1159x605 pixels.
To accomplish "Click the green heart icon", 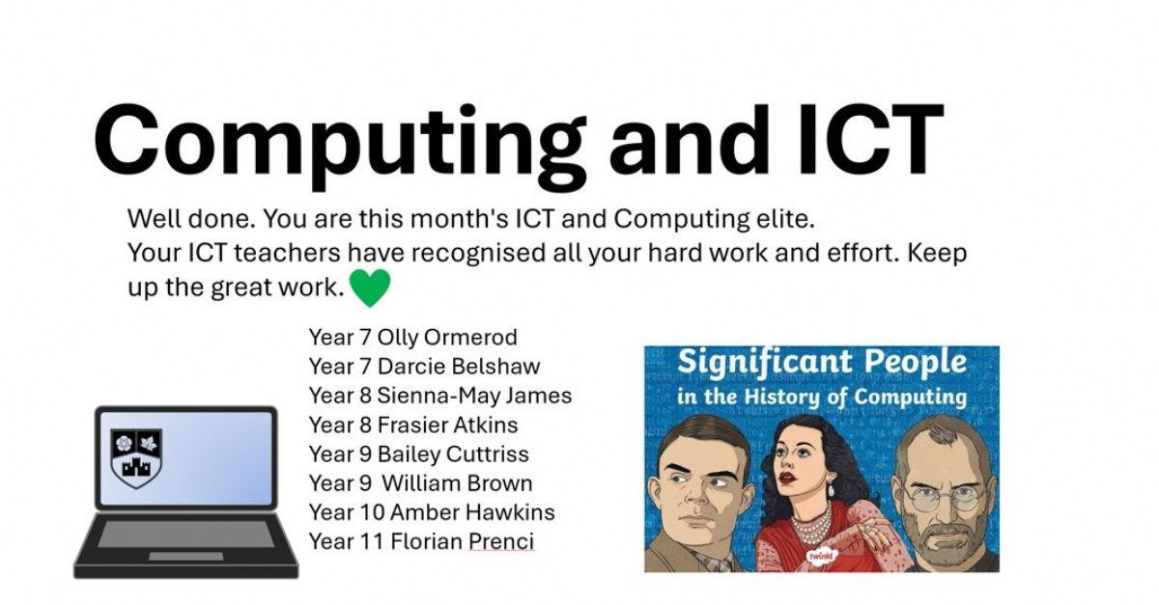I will pos(369,288).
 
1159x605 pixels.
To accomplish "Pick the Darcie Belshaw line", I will pos(459,367).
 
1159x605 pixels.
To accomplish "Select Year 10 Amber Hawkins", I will pos(432,512).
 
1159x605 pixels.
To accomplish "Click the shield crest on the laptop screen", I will pos(136,457).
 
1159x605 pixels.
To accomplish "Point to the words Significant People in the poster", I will pos(821,363).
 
